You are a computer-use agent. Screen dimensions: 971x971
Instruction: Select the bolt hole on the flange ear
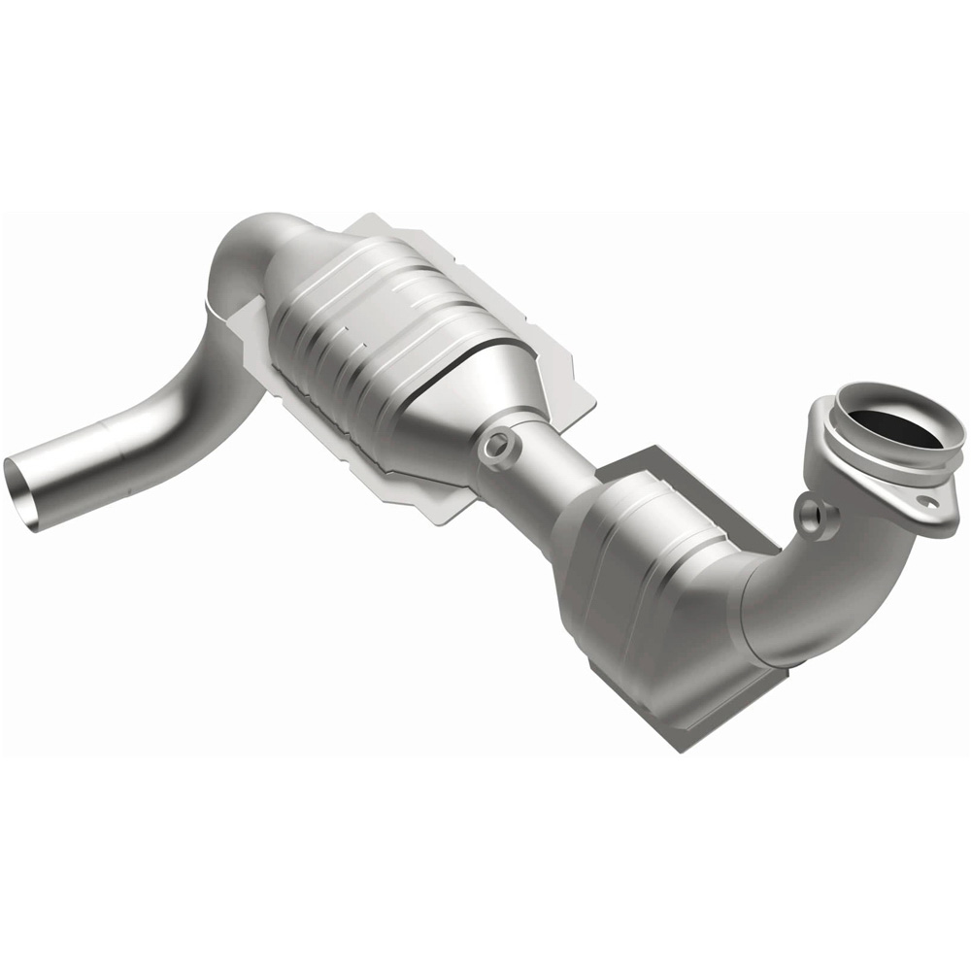(x=930, y=504)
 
